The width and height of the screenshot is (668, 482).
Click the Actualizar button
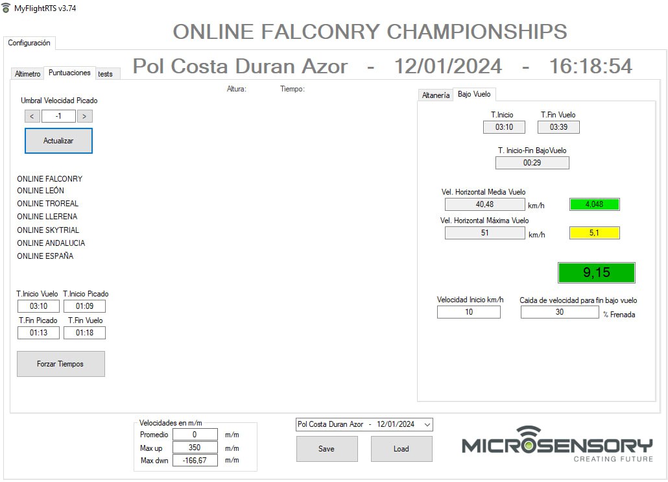coord(58,141)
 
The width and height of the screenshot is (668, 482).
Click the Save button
coord(327,449)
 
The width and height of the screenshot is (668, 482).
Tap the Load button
coord(401,449)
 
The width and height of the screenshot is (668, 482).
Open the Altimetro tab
coord(28,74)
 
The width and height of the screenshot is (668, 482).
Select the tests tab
coord(106,74)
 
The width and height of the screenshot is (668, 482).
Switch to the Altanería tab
coord(436,95)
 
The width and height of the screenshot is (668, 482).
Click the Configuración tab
coord(29,43)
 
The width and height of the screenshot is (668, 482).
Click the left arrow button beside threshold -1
coord(32,116)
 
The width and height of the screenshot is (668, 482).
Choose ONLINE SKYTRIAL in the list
coord(48,230)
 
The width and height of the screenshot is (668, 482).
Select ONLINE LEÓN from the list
coord(40,191)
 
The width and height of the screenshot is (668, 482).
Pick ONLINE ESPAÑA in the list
coord(45,256)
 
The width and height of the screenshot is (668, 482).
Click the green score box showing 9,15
coord(597,272)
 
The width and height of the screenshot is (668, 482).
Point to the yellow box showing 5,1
coord(594,233)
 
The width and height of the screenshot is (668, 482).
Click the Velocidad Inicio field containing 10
coord(469,312)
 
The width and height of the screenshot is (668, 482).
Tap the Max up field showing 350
coord(195,448)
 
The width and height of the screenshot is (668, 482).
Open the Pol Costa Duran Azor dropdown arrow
coord(427,424)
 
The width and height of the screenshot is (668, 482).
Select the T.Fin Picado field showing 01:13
coord(38,333)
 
